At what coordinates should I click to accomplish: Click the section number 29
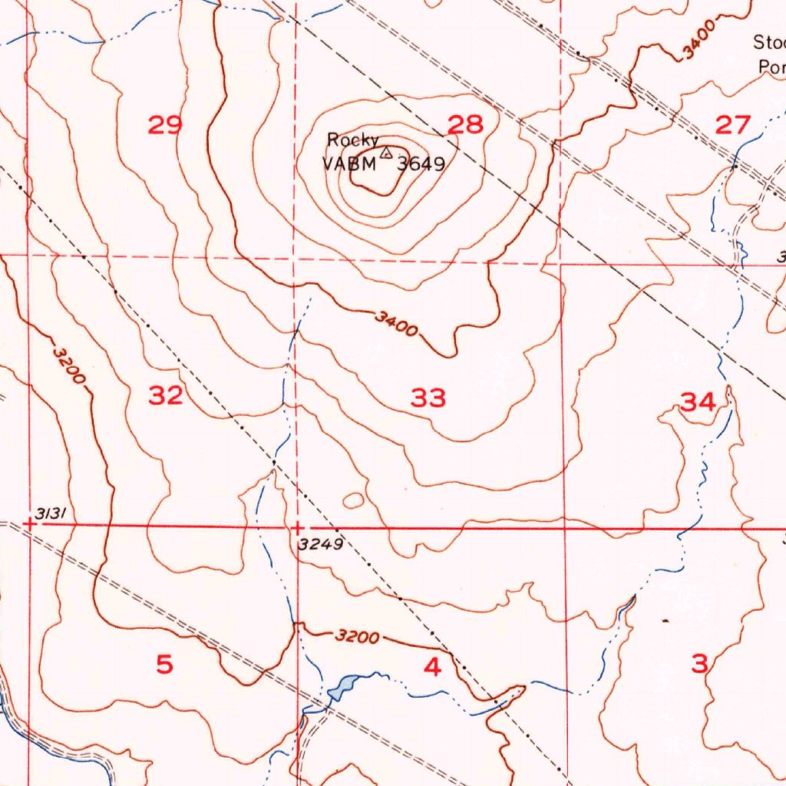165,125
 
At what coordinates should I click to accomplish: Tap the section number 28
466,124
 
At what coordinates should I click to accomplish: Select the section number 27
732,125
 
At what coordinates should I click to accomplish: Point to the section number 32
166,396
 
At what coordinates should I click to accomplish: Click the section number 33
428,398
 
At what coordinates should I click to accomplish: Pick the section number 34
698,401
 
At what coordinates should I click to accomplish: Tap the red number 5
165,665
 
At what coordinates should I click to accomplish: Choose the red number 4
433,668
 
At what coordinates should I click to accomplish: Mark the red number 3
699,664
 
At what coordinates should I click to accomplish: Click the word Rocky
352,140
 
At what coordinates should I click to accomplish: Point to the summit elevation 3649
421,163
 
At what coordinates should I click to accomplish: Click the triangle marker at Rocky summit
386,153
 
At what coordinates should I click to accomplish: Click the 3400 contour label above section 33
397,325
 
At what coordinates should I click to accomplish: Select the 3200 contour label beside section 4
357,637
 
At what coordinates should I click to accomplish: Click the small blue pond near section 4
342,685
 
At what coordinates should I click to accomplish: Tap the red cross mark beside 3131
29,523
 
